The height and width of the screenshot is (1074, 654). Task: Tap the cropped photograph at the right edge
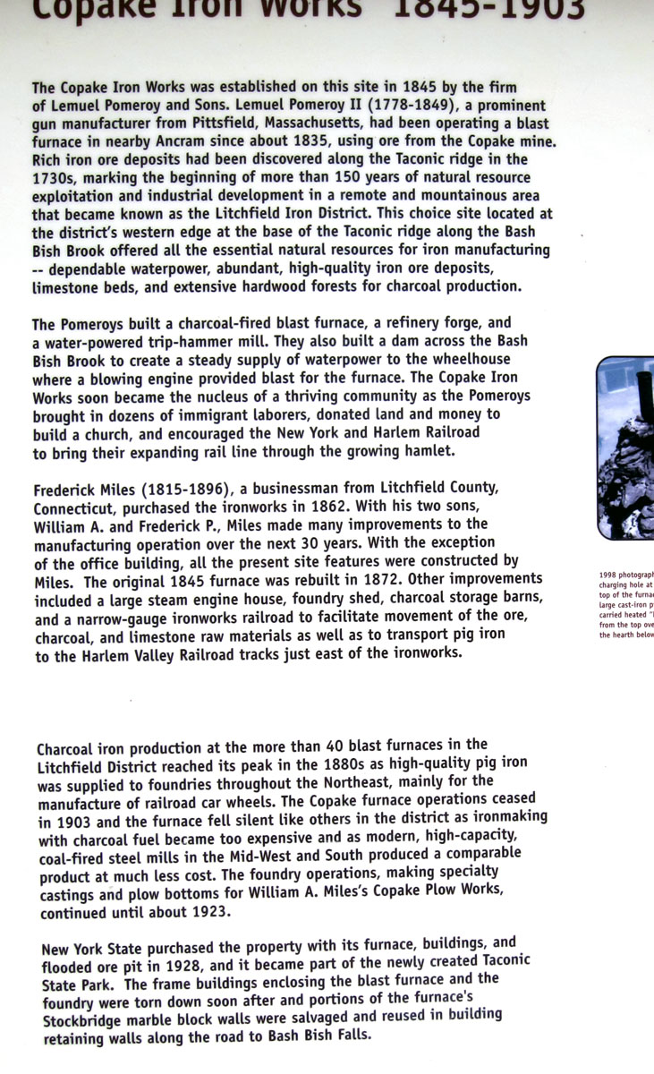point(625,447)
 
